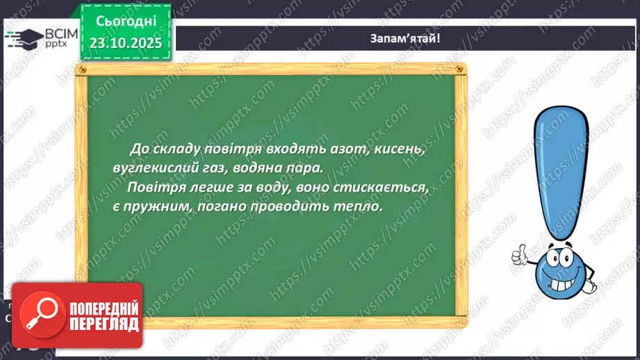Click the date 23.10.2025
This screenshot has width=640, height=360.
(124, 43)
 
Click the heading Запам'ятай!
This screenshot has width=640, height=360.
(405, 38)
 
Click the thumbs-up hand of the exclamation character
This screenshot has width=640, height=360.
(521, 256)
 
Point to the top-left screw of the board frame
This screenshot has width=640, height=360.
(82, 70)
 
